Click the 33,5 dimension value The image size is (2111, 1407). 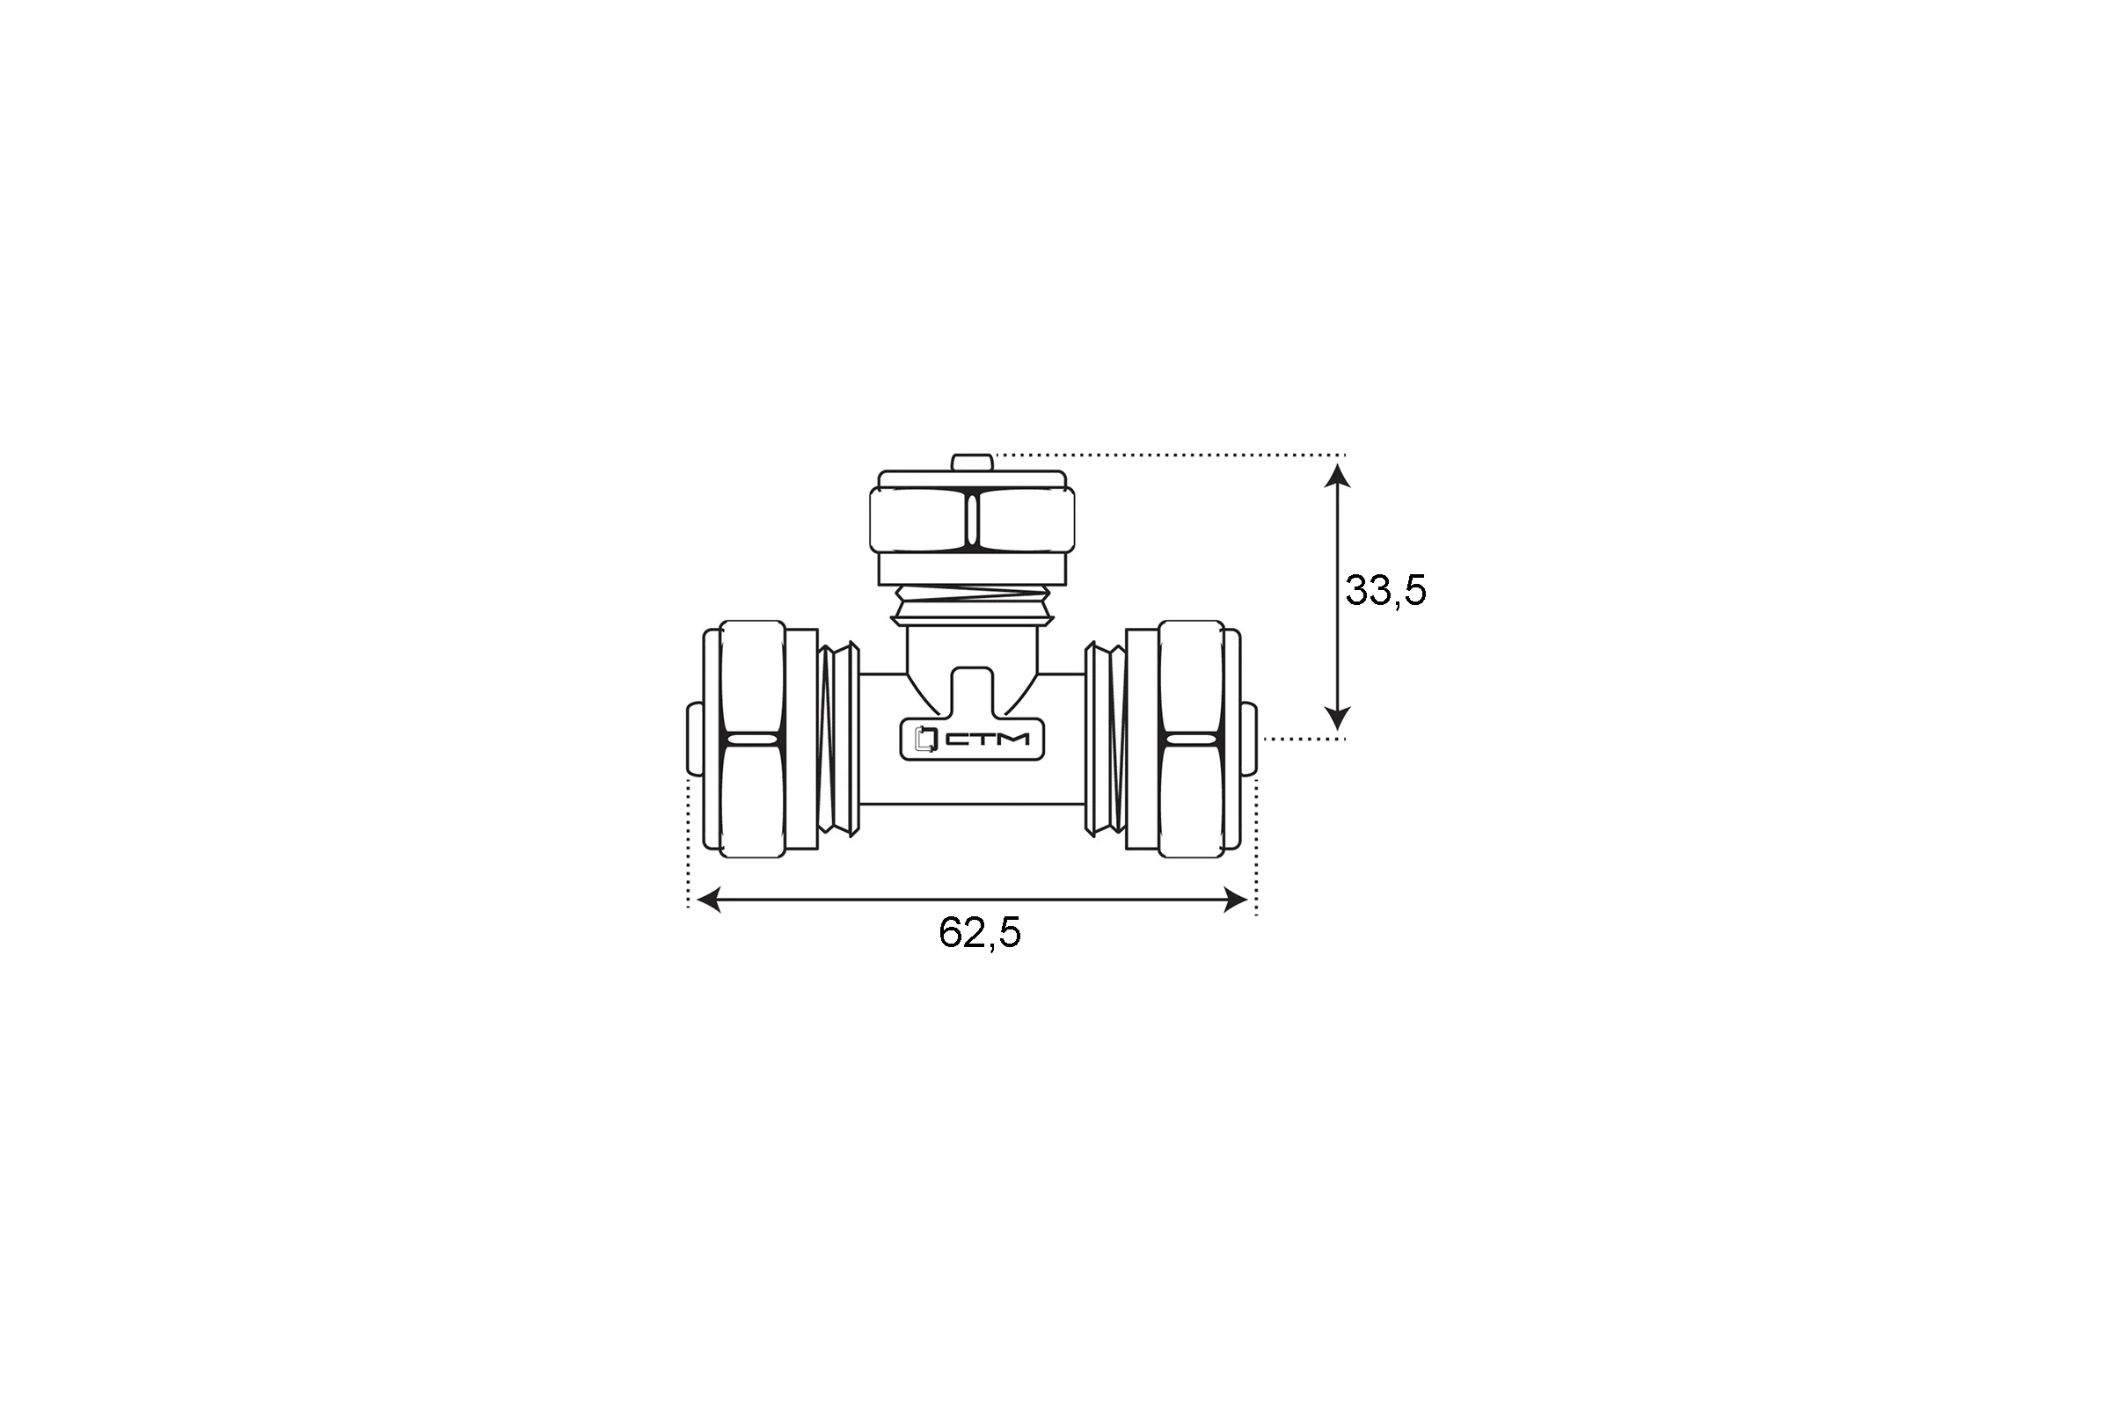point(1384,591)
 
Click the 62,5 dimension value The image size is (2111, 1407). point(979,933)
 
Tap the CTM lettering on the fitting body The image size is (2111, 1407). point(987,740)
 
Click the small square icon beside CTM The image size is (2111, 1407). point(924,740)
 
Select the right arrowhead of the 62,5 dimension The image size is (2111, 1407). point(1235,900)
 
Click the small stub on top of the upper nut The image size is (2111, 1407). point(971,463)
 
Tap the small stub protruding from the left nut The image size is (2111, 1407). point(694,739)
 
